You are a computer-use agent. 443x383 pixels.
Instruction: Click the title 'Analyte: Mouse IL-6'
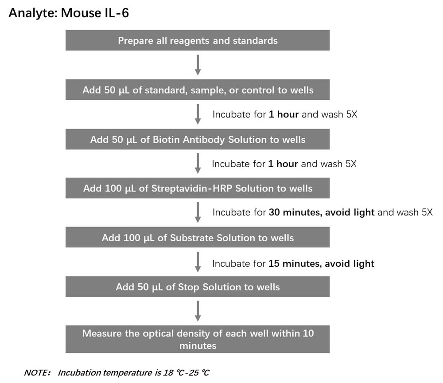coord(69,13)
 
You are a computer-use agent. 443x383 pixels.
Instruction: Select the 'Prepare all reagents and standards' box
coord(198,40)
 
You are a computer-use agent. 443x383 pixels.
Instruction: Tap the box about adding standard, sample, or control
coord(198,90)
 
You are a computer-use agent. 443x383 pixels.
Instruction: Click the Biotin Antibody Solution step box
coord(198,139)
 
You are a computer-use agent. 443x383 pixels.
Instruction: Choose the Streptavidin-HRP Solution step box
coord(198,188)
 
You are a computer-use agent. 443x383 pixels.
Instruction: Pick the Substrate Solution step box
coord(198,237)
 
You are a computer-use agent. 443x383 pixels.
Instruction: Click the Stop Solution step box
coord(198,287)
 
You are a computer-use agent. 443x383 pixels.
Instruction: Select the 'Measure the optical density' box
coord(198,339)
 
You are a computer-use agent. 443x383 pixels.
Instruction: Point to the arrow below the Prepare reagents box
coord(198,65)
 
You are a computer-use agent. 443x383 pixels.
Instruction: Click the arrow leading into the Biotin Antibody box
coord(198,114)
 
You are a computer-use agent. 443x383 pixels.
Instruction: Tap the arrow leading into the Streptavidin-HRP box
coord(198,164)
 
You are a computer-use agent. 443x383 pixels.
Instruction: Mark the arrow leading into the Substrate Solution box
coord(198,213)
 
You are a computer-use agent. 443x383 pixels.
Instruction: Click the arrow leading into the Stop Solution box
coord(198,262)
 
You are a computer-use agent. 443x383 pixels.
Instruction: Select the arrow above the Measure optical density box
coord(198,311)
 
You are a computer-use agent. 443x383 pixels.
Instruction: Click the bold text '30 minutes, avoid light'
coord(322,212)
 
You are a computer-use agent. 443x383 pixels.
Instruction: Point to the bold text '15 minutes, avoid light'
coord(321,263)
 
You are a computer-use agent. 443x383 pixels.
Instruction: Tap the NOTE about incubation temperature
coord(117,372)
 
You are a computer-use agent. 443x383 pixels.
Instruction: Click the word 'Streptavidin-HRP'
coord(192,188)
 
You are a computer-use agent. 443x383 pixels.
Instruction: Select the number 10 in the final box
coord(308,333)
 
